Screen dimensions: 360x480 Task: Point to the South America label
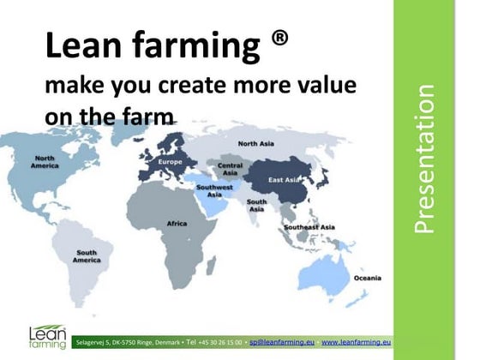pyautogui.click(x=87, y=257)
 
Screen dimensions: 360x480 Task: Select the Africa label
pyautogui.click(x=176, y=224)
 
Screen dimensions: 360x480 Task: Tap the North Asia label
pyautogui.click(x=255, y=143)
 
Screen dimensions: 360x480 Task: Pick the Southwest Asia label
pyautogui.click(x=214, y=189)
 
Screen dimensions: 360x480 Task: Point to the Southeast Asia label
pyautogui.click(x=309, y=227)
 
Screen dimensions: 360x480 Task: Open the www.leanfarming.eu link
pyautogui.click(x=356, y=341)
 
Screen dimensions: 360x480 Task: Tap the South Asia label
pyautogui.click(x=256, y=205)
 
